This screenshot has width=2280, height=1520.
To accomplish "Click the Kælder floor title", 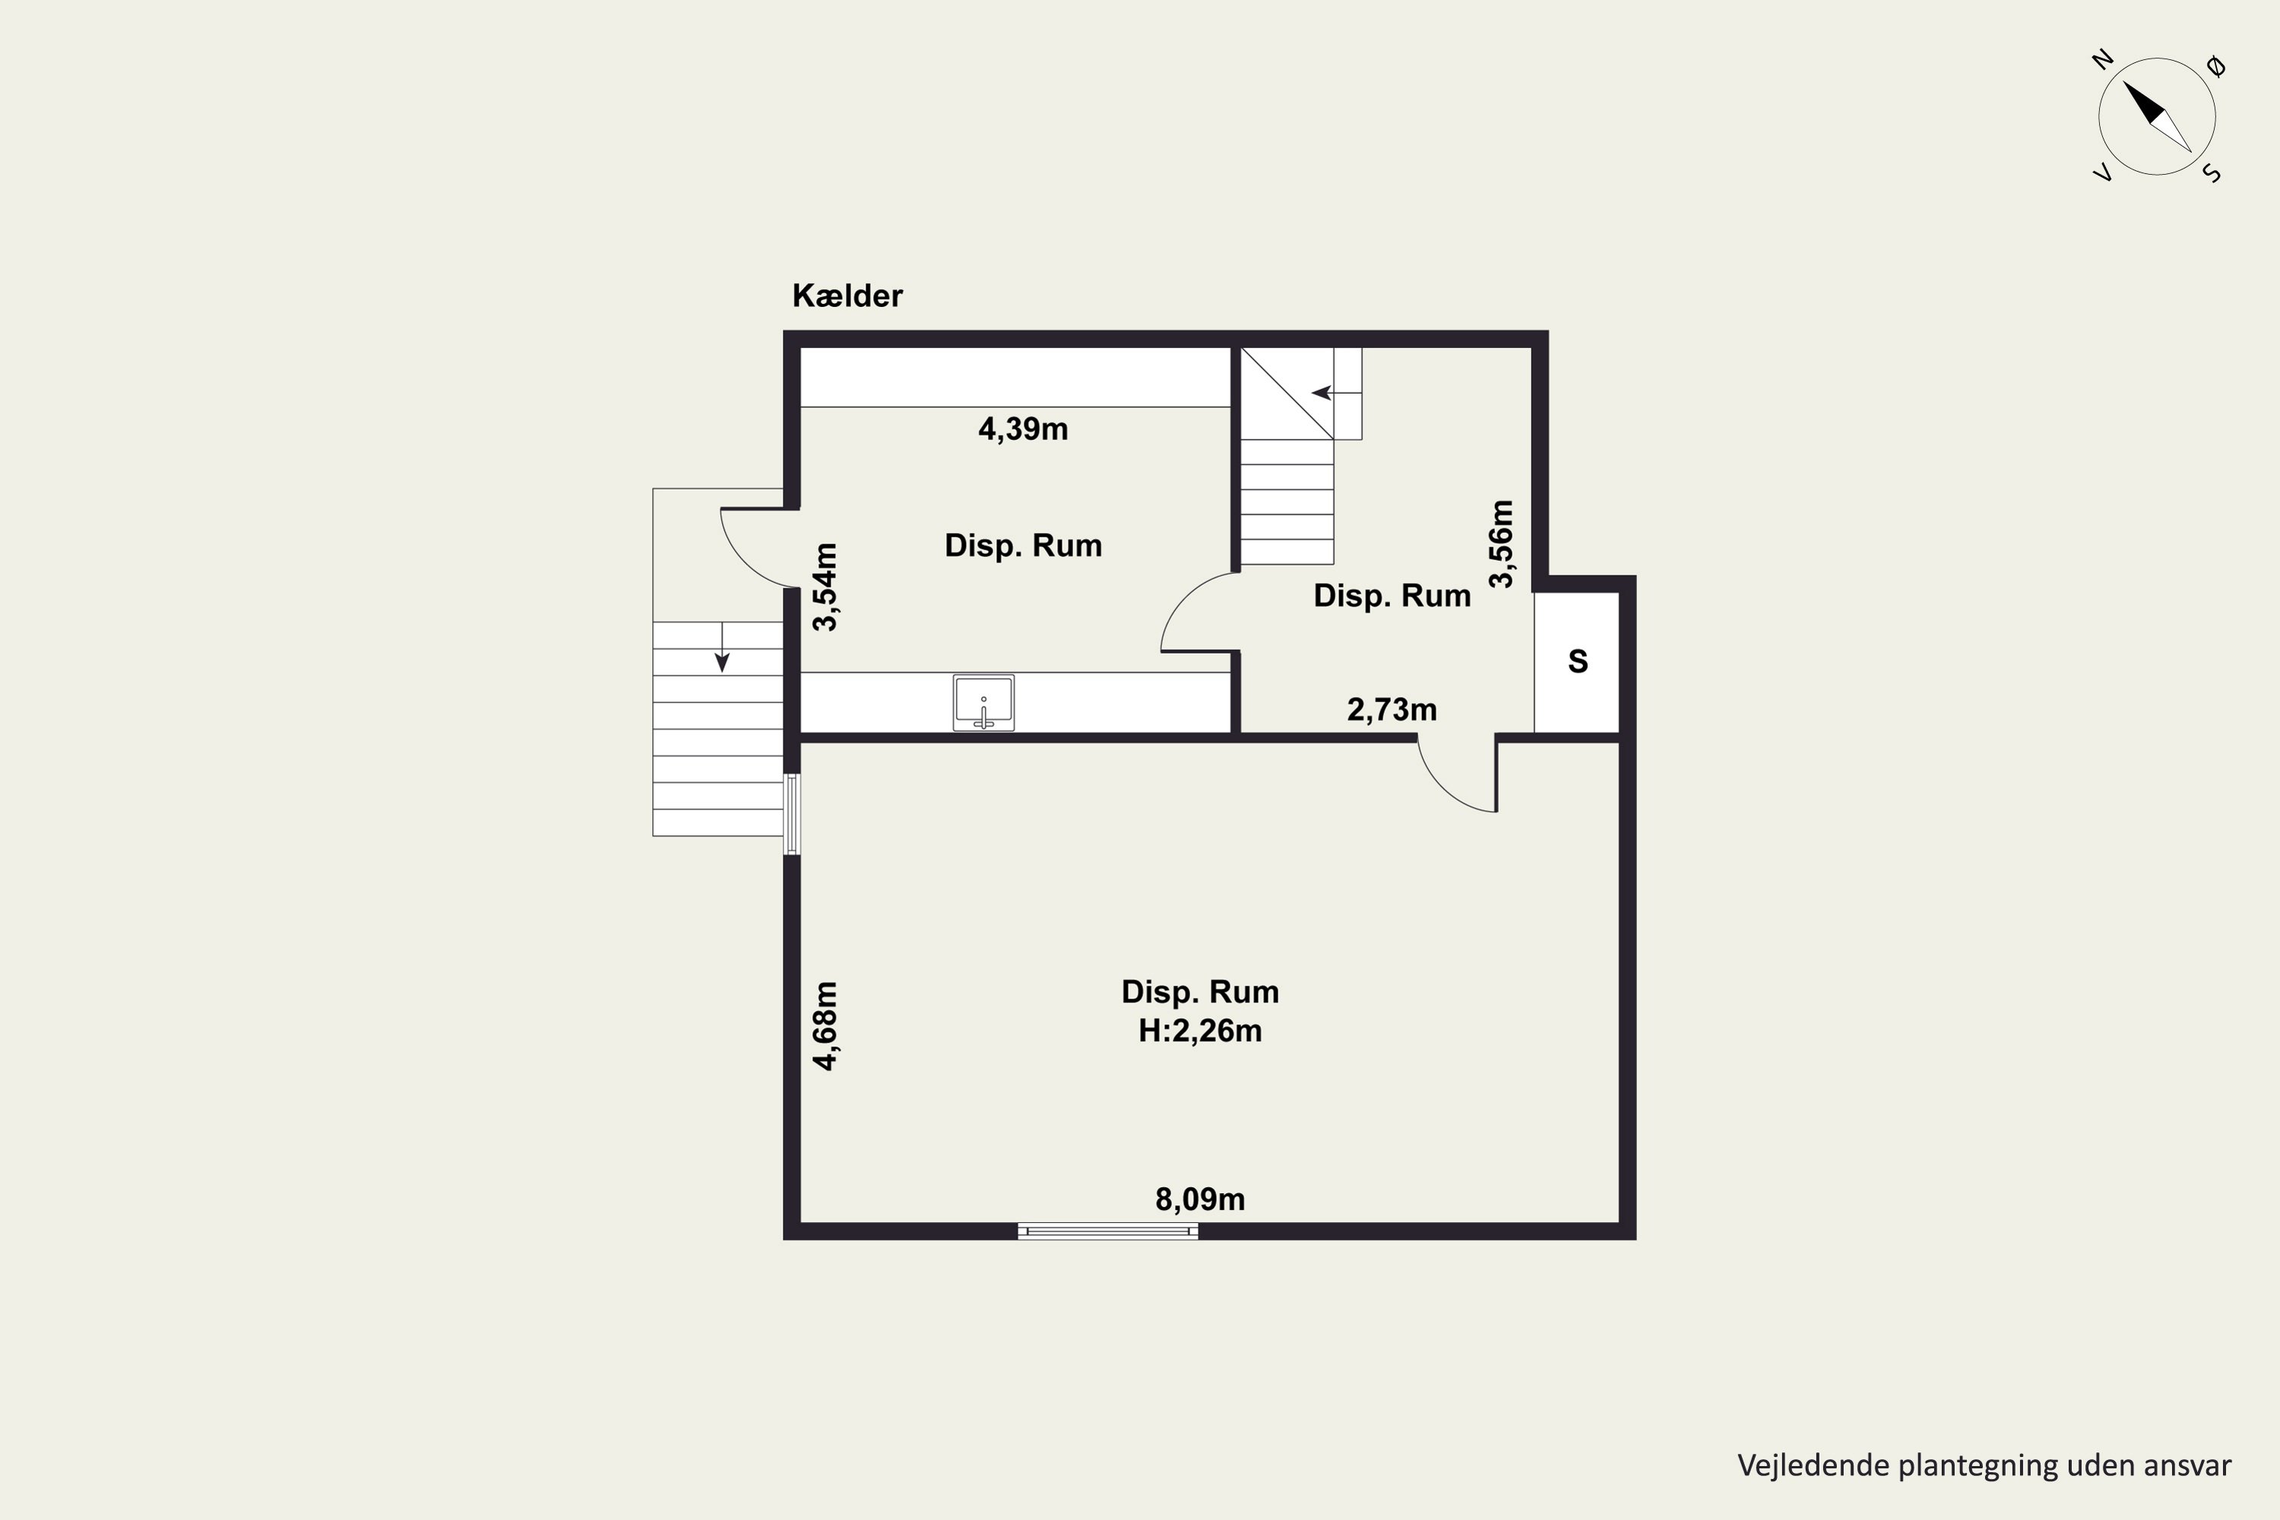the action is [847, 296].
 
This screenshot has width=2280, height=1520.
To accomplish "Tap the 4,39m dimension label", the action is [1023, 429].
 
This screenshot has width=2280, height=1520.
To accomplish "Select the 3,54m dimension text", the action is [825, 587].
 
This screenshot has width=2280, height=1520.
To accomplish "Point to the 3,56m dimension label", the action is [1500, 544].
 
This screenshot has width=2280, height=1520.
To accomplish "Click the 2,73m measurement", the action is [1392, 710].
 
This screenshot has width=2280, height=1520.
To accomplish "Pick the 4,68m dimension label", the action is [825, 1025].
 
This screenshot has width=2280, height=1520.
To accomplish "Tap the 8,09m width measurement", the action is [1200, 1199].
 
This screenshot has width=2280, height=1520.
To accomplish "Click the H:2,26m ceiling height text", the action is [1200, 1031].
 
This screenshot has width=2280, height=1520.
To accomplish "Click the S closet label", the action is [1579, 661].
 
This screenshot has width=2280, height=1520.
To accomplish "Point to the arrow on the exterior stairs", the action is [722, 647].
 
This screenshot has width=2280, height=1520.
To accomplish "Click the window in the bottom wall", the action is [1108, 1231].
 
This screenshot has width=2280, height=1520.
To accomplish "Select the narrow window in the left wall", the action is [792, 814].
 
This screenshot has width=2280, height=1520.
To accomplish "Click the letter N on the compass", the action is [2101, 60].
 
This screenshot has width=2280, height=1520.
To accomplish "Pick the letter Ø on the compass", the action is [2216, 67].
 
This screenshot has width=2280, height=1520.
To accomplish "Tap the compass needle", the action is [2158, 117].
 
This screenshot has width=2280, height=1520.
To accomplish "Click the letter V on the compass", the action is [2103, 173].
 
